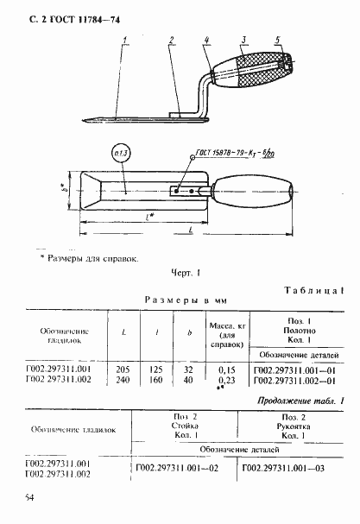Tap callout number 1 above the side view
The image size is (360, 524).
tap(126, 40)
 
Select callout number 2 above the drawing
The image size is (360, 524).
tap(173, 40)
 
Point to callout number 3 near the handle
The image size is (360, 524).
tap(208, 40)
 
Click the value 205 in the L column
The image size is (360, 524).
tap(122, 368)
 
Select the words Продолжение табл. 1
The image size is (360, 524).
tap(298, 401)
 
